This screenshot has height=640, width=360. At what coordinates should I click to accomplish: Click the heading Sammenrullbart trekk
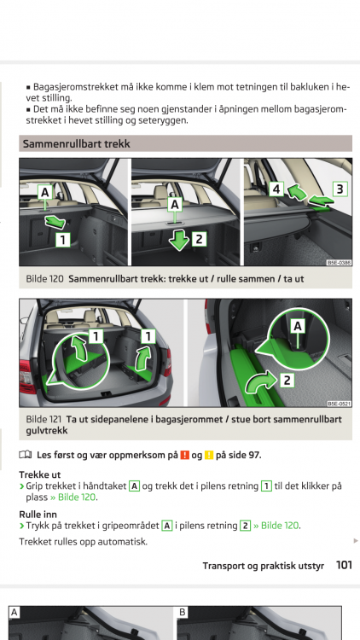click(x=76, y=143)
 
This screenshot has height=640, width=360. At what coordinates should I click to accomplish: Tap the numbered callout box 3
click(x=340, y=189)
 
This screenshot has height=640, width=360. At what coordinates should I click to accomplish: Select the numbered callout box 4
click(x=276, y=189)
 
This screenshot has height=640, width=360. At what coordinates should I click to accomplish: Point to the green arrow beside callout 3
click(x=319, y=201)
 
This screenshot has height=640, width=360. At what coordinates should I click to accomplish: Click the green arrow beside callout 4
click(x=297, y=192)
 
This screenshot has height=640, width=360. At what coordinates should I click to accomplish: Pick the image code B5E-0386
click(x=339, y=263)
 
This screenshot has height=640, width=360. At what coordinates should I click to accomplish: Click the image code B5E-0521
click(x=339, y=404)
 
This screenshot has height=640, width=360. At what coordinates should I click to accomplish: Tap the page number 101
click(x=344, y=565)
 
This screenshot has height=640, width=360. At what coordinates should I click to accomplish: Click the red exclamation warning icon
click(x=184, y=455)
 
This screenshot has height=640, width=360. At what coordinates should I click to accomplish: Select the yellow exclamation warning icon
click(x=209, y=455)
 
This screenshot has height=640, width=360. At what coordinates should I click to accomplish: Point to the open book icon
click(x=26, y=455)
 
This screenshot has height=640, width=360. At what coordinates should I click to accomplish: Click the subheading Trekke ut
click(x=39, y=474)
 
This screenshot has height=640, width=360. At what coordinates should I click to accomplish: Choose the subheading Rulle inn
click(x=38, y=514)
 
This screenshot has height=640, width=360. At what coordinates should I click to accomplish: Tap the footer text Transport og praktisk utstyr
click(x=264, y=566)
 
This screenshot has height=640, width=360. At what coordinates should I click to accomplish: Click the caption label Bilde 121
click(x=44, y=419)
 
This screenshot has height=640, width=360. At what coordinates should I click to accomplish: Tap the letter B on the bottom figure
click(x=183, y=612)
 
